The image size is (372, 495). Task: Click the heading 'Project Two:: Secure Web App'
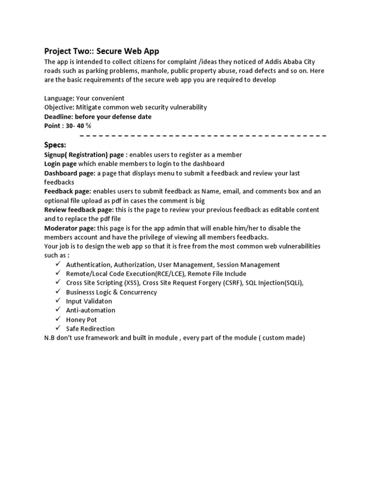101,51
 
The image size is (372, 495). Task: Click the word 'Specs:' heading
55,145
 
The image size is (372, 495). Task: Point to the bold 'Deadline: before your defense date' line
98,116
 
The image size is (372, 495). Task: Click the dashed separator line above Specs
202,136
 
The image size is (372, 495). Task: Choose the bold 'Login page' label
61,164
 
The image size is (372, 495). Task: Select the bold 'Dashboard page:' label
70,173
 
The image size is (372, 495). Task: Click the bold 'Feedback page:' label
68,191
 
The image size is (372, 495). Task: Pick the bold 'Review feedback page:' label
79,210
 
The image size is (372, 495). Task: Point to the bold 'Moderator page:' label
70,228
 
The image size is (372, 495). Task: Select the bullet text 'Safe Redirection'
91,329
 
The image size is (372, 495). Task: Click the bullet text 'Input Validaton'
89,301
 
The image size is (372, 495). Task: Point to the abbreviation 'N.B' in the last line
50,338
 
